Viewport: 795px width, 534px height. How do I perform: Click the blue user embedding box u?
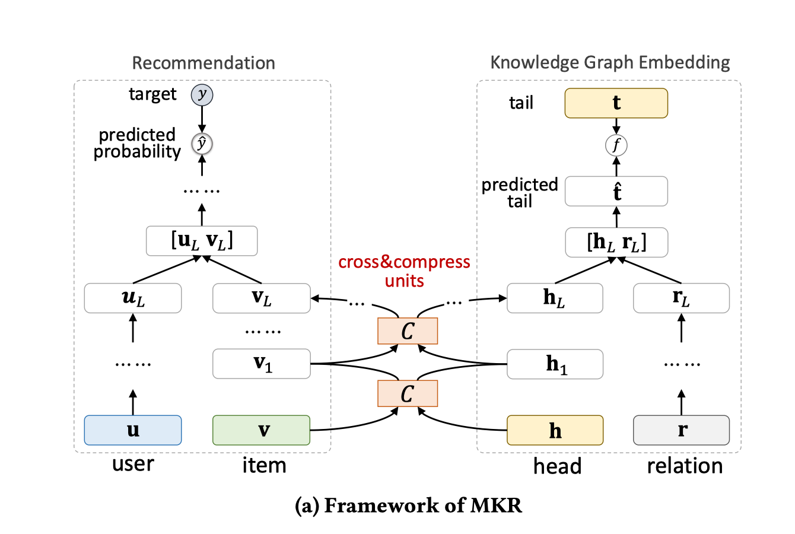(x=133, y=430)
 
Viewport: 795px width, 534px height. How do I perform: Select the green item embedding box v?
(x=261, y=430)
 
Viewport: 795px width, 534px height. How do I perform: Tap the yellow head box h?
(x=555, y=430)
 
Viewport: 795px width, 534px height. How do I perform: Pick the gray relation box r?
(x=681, y=430)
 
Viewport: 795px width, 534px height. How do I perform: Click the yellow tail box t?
(x=616, y=103)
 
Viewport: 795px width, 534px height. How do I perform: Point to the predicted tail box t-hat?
(x=616, y=192)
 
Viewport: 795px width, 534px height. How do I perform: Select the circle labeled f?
(x=616, y=145)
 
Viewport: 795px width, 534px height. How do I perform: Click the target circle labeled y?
(x=202, y=95)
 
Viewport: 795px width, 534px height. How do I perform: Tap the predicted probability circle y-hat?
(x=202, y=144)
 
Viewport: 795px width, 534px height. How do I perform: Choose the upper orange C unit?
(x=408, y=331)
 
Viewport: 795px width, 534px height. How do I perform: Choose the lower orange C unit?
(x=408, y=393)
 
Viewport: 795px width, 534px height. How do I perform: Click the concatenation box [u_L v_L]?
(x=202, y=241)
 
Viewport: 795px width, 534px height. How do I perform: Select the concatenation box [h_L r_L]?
(x=616, y=242)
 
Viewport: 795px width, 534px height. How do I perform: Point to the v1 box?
(x=261, y=364)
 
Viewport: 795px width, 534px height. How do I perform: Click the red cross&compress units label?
(x=404, y=271)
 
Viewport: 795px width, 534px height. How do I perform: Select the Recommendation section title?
(x=203, y=63)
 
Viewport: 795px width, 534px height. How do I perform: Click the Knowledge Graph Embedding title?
(x=610, y=62)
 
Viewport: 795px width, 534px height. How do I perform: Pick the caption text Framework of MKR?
(x=409, y=506)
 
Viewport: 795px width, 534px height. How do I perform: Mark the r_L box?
(x=681, y=298)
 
